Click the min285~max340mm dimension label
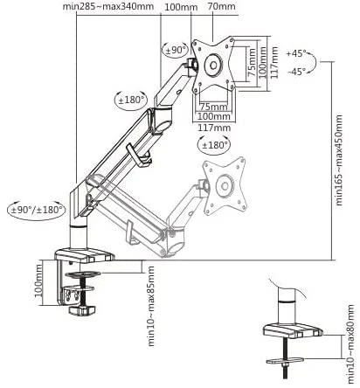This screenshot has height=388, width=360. [x=108, y=6]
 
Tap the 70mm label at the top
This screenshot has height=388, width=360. [x=222, y=6]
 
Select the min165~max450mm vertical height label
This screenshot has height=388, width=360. [x=339, y=160]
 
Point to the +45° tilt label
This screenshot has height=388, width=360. [x=296, y=53]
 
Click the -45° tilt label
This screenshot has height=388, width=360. [x=297, y=72]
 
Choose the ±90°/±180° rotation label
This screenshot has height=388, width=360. [x=37, y=210]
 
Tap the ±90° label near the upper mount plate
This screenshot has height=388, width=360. [x=176, y=50]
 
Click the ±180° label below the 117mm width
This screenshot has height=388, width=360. [x=214, y=145]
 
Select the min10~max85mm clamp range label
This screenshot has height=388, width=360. [x=151, y=306]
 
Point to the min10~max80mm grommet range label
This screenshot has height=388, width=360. [x=351, y=344]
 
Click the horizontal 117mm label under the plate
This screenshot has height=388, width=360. [x=214, y=128]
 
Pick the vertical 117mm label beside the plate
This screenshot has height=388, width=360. [x=274, y=62]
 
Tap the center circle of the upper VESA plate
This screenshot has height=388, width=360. [x=213, y=65]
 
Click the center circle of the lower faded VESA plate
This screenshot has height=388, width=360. [x=225, y=186]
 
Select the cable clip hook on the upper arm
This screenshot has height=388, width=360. [x=139, y=156]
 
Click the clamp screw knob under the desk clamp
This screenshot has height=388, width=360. [x=82, y=310]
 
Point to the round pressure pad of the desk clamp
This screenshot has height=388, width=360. [x=83, y=274]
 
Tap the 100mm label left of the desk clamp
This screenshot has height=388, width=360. [x=38, y=283]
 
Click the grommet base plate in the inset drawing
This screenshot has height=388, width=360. [x=293, y=330]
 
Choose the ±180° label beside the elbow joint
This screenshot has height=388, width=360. [x=131, y=100]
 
